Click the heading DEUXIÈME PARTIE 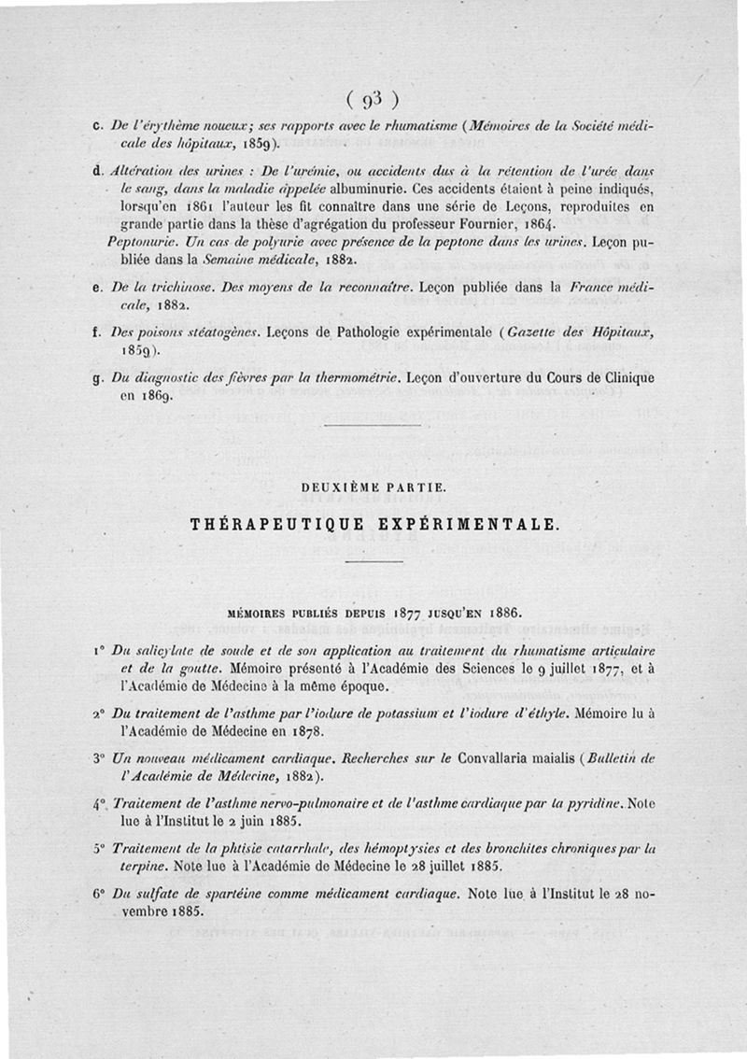pos(373,487)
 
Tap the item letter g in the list pos(99,378)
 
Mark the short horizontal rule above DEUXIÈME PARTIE pos(373,425)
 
